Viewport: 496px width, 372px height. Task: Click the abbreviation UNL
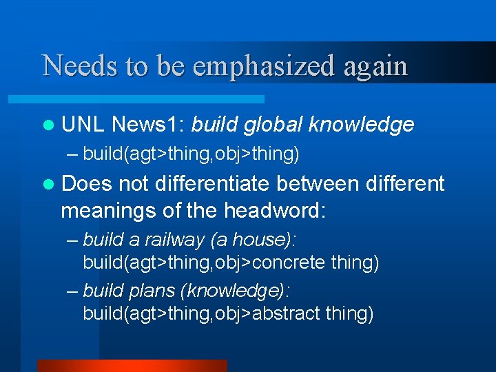82,124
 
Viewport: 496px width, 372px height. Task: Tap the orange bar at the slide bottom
132,365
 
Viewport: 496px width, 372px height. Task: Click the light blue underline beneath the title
152,99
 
